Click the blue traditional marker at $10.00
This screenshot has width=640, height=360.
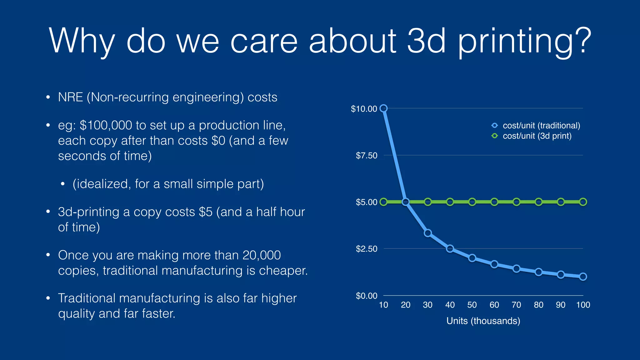[x=383, y=108]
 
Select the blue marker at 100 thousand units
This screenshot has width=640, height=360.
[x=583, y=277]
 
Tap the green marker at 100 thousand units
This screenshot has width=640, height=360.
[x=583, y=202]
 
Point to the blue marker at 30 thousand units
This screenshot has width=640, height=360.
[x=428, y=233]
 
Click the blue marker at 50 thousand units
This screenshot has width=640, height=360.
[x=472, y=258]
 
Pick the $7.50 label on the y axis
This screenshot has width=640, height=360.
[x=366, y=155]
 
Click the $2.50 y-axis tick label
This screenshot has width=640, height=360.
[x=366, y=249]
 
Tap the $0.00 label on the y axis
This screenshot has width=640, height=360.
[x=366, y=296]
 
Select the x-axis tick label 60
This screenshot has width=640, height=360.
[x=494, y=305]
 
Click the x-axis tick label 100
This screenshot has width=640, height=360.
[x=583, y=305]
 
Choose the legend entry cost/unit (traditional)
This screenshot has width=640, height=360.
[x=541, y=125]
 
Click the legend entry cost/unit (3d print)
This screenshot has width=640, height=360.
[x=537, y=136]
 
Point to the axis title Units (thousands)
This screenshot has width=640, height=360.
[x=483, y=321]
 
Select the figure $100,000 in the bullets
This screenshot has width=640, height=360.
[x=106, y=125]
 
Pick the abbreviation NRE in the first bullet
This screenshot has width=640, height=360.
[x=70, y=97]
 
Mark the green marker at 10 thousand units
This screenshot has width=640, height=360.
[x=383, y=202]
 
